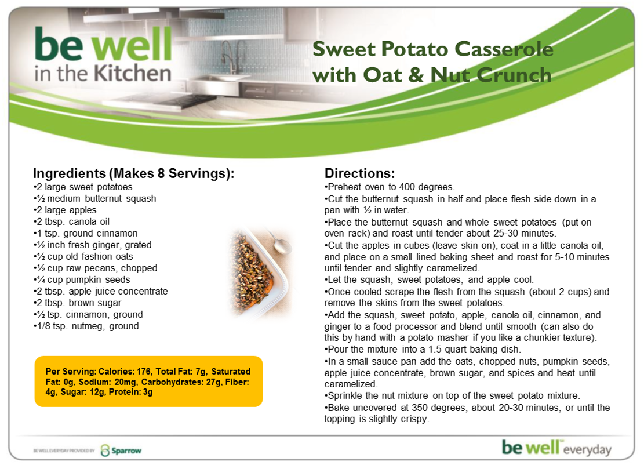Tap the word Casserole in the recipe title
click(x=504, y=49)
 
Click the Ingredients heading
click(x=133, y=174)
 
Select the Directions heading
click(x=359, y=173)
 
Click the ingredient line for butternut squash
click(x=95, y=198)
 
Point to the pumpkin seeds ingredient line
click(x=82, y=279)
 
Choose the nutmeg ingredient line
click(x=86, y=326)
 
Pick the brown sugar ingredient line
click(x=78, y=303)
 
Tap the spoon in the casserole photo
click(x=279, y=242)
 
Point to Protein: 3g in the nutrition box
click(x=130, y=392)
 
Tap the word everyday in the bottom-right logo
click(x=587, y=449)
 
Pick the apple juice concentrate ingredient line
click(x=101, y=292)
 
